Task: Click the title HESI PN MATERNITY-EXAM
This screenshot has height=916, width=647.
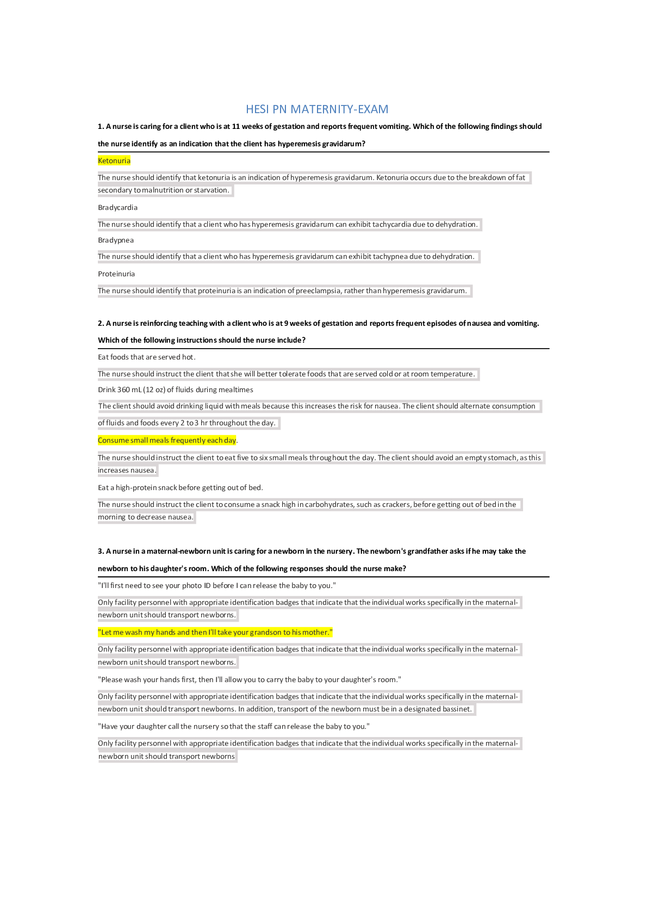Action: click(317, 109)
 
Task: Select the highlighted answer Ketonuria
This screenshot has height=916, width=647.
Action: click(114, 160)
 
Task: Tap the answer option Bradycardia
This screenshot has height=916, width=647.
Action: click(117, 207)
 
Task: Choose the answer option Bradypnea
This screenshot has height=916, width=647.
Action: click(116, 240)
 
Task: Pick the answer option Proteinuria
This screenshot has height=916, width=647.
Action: click(116, 274)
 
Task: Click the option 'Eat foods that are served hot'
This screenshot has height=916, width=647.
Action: click(146, 357)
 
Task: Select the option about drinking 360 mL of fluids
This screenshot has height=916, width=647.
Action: click(175, 389)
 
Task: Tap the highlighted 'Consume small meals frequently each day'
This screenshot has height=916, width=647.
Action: click(167, 440)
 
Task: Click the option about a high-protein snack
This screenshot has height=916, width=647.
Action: click(180, 487)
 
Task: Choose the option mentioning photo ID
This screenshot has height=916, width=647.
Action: click(216, 585)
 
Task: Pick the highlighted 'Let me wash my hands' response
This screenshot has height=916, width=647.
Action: click(215, 632)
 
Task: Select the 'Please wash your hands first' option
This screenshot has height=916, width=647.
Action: click(249, 679)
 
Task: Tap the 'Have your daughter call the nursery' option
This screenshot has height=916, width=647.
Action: click(233, 726)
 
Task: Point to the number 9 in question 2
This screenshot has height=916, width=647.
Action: click(286, 323)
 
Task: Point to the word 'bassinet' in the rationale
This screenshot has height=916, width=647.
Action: click(458, 709)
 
